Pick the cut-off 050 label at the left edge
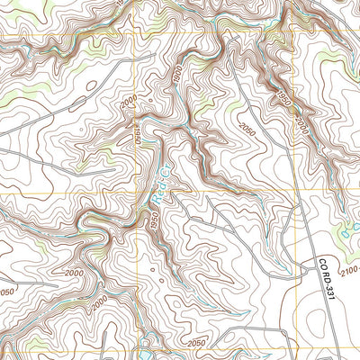tap(6, 292)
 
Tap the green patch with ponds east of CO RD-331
tap(346, 229)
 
